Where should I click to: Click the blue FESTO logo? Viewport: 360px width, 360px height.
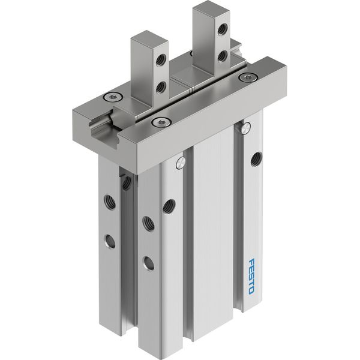click(251, 277)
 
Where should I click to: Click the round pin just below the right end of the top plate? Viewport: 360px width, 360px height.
click(245, 128)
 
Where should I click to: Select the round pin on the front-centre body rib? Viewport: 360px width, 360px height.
click(179, 163)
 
